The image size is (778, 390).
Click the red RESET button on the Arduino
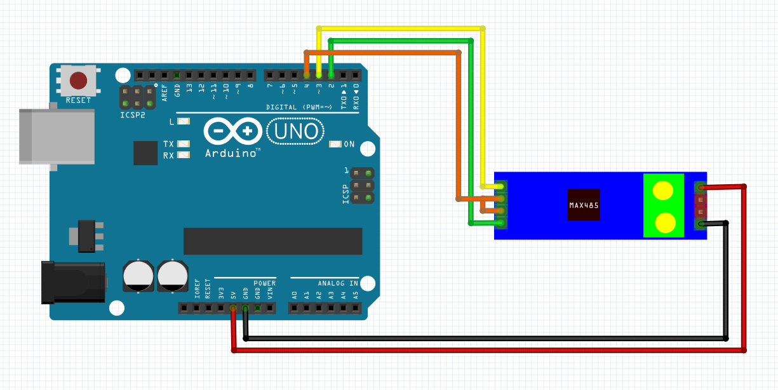[79, 80]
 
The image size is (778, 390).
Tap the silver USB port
[57, 137]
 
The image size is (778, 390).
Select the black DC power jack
[74, 283]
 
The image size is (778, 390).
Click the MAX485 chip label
[584, 205]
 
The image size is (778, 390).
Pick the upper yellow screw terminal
[663, 191]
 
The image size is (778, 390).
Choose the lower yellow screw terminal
[664, 223]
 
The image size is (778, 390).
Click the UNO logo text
[296, 131]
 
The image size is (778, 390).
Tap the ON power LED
[335, 144]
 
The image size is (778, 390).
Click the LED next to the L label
[184, 121]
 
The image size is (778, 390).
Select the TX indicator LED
[184, 144]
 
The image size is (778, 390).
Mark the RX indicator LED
[184, 155]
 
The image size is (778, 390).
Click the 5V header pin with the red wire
[233, 308]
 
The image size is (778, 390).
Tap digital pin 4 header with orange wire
[306, 75]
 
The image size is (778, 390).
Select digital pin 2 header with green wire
[331, 75]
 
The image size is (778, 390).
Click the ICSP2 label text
[133, 115]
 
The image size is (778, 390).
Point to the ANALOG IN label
[338, 283]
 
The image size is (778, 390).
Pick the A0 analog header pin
[294, 308]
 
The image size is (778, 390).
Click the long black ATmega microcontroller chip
[272, 241]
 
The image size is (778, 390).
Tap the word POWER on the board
[265, 283]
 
